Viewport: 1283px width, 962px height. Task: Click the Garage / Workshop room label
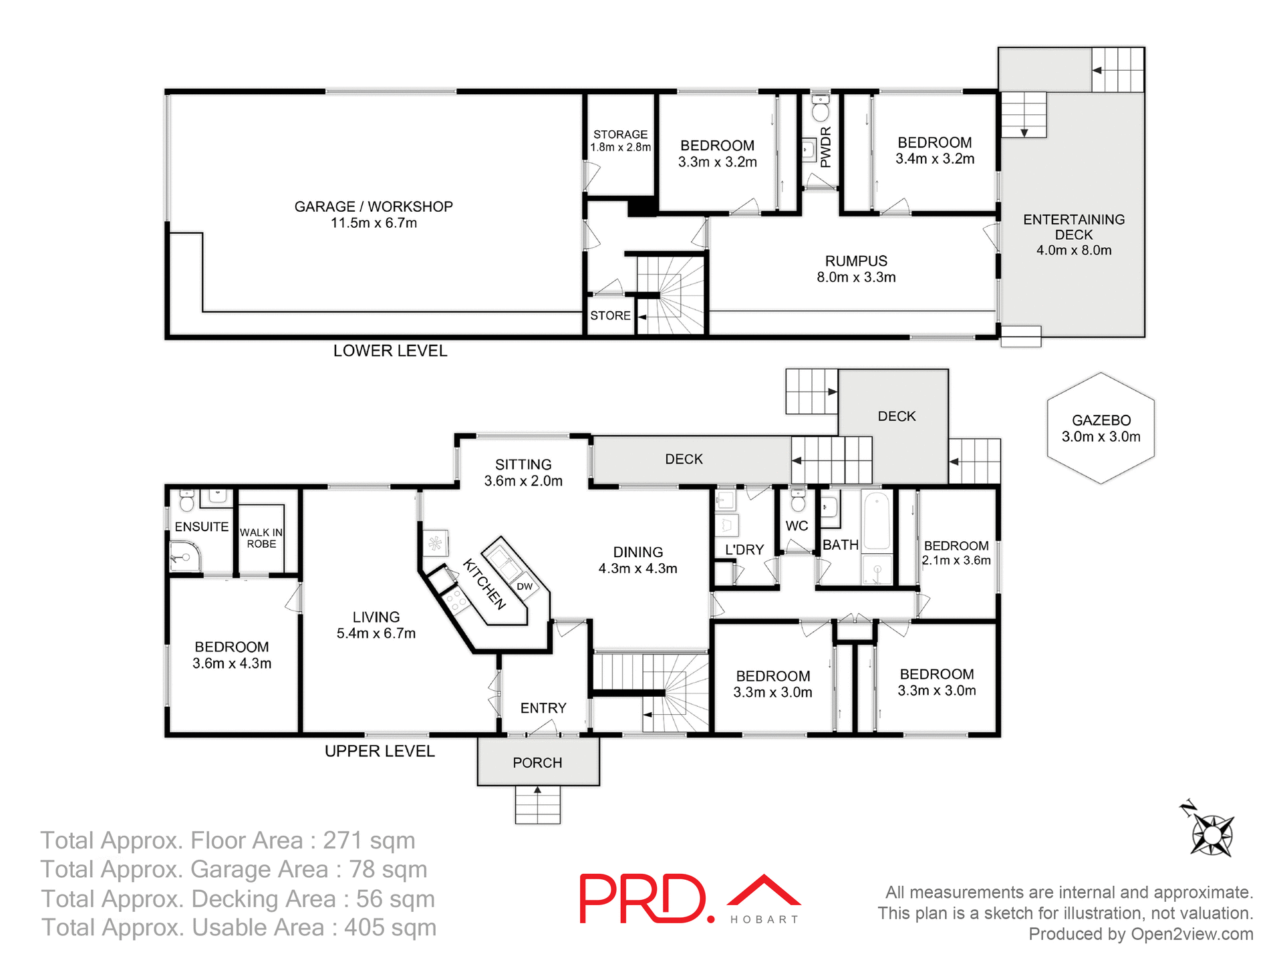click(x=374, y=214)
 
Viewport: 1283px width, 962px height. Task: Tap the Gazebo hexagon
click(x=1101, y=428)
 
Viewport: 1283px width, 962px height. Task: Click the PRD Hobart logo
click(x=689, y=899)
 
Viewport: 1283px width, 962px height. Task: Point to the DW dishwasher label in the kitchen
click(x=525, y=587)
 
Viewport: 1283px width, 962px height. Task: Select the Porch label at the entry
click(x=537, y=763)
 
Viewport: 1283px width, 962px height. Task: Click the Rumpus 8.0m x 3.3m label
click(x=856, y=269)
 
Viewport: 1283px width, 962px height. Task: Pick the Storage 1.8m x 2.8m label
click(x=620, y=140)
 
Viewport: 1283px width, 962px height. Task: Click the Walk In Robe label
click(x=261, y=538)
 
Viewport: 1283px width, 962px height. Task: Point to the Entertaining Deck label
click(x=1073, y=234)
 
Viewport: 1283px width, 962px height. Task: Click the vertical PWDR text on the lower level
click(x=825, y=147)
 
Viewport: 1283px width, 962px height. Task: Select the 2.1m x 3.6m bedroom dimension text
click(x=956, y=560)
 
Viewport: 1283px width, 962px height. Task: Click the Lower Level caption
click(x=390, y=351)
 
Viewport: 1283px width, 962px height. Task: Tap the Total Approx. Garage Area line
click(x=234, y=869)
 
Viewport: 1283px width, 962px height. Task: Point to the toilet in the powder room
click(x=821, y=109)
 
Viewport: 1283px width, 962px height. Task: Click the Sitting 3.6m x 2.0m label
click(x=523, y=472)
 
